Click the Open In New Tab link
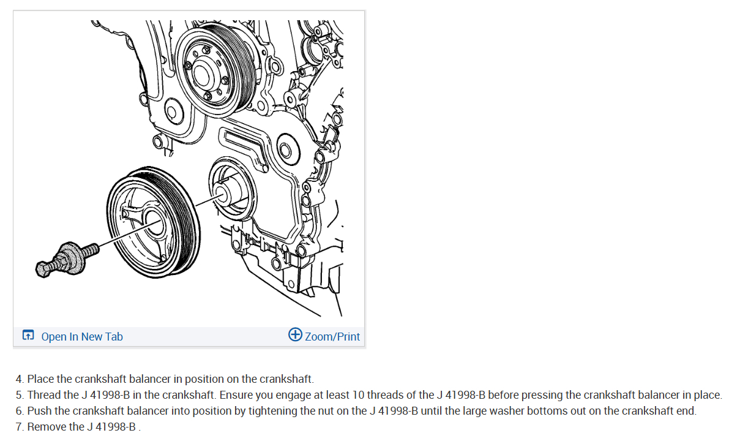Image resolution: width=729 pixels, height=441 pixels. point(82,336)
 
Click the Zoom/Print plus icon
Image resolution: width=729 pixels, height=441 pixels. point(295,334)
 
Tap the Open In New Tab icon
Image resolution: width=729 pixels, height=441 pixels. point(28,335)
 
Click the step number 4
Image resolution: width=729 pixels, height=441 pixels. point(19,379)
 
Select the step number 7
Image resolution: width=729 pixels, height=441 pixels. point(19,426)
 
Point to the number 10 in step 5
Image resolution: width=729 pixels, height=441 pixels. point(359,395)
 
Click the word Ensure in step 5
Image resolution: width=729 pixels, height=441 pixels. point(236,395)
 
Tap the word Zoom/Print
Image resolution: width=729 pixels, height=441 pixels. point(332,336)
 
